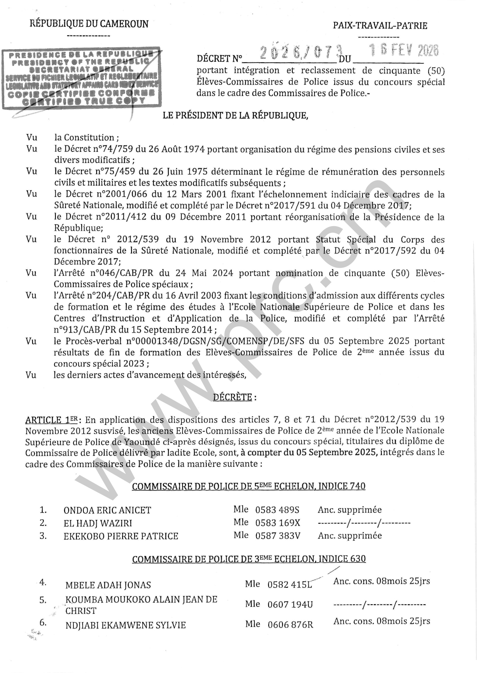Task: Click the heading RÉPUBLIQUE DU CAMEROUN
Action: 89,24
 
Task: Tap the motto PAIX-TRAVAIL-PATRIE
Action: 380,26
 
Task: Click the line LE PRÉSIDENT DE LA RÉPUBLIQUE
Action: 235,116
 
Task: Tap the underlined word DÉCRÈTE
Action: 232,397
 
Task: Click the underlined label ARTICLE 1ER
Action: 51,420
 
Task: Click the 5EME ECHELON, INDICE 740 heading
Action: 249,487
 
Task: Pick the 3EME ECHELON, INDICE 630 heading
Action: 249,559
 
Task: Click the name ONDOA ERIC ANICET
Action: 107,510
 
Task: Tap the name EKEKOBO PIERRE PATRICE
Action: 121,536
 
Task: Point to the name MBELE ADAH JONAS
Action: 108,585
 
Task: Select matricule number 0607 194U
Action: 290,604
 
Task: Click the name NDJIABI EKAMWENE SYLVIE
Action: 125,625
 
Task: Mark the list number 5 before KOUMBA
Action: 43,600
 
